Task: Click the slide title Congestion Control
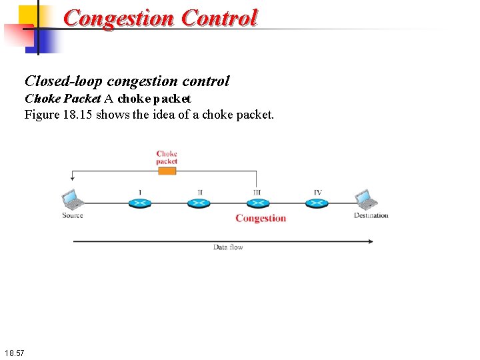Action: (160, 17)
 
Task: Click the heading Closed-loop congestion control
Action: (127, 81)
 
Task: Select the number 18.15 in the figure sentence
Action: (79, 115)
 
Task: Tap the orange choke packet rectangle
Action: (167, 171)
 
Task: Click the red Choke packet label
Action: (167, 157)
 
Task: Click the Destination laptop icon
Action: (365, 199)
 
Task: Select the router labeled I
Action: (140, 202)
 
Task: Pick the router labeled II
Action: (199, 202)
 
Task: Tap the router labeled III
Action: (257, 202)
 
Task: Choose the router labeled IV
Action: (317, 202)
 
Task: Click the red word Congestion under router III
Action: (261, 218)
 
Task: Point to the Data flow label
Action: (228, 247)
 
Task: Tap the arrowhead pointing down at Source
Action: (71, 178)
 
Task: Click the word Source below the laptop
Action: (72, 215)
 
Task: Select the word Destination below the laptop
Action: (371, 215)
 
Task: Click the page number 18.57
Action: (13, 352)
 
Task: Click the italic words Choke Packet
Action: (63, 99)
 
